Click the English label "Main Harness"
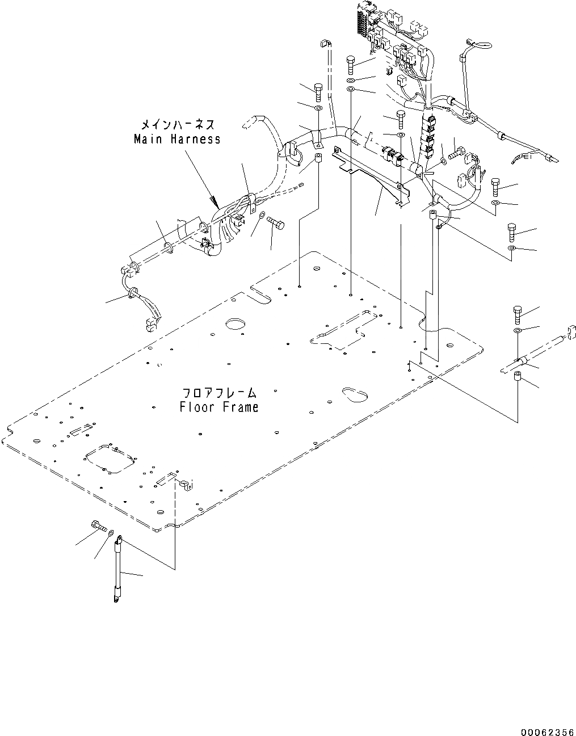pos(177,139)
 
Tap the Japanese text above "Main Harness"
pos(177,124)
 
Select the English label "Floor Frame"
pos(219,407)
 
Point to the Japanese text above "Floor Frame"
pos(219,393)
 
